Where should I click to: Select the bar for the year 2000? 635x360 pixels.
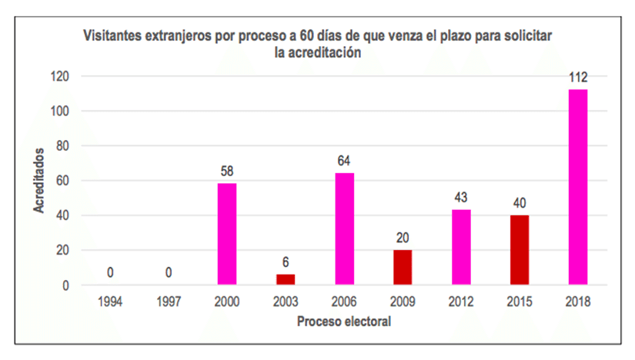point(226,234)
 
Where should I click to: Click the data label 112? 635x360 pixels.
point(577,77)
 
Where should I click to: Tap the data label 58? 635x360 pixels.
point(226,172)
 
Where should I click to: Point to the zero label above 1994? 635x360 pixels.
point(109,272)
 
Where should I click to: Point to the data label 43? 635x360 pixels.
point(460,197)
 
